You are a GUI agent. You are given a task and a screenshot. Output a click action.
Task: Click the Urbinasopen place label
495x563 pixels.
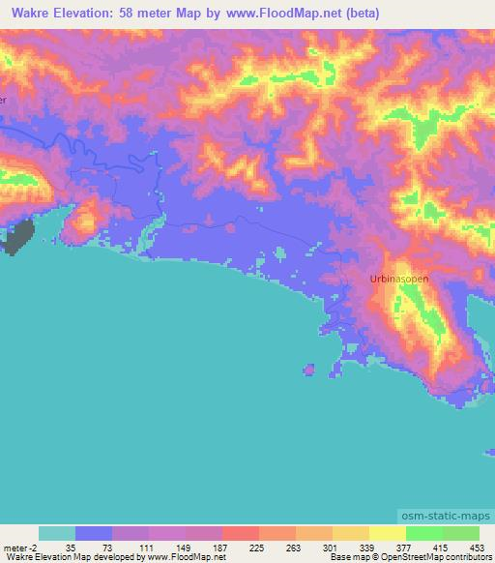(398, 278)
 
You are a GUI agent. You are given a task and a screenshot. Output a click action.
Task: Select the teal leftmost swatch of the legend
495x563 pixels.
(57, 533)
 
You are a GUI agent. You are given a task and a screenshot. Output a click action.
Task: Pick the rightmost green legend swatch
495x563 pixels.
(460, 533)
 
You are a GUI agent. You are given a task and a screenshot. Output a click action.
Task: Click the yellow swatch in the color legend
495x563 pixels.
(387, 533)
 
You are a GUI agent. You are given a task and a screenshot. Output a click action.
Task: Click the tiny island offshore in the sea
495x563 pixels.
(309, 369)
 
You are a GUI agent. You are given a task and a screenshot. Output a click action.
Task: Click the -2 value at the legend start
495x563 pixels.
(35, 547)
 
